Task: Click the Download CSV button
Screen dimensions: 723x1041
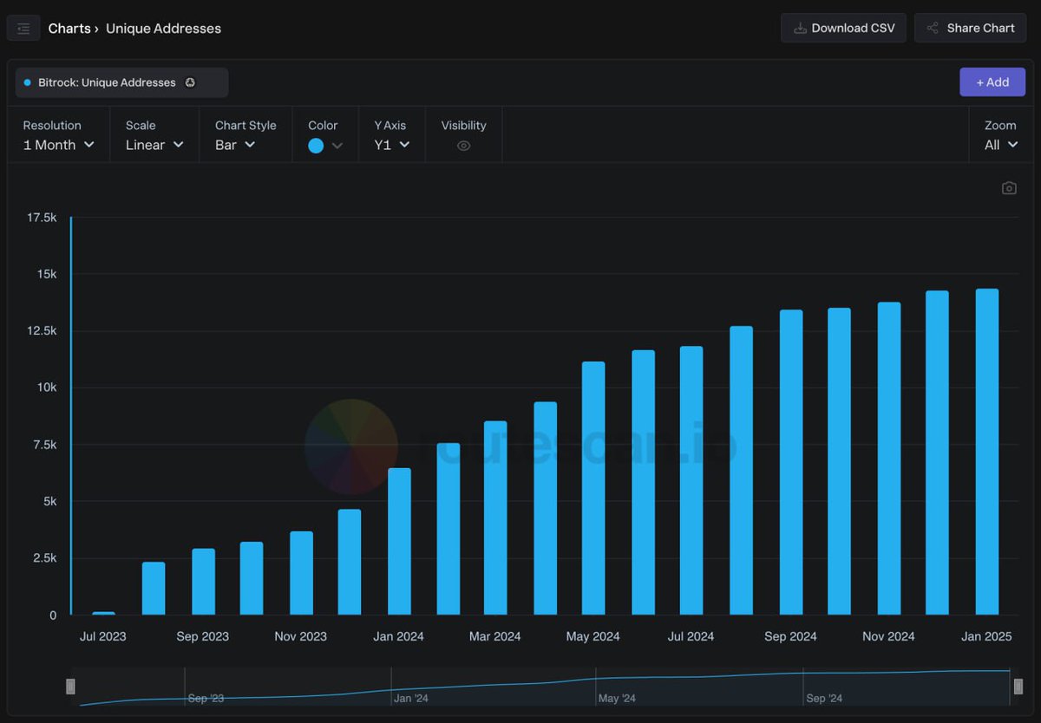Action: tap(843, 28)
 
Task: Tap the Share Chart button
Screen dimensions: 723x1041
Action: tap(970, 28)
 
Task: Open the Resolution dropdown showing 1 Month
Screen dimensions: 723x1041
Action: tap(58, 145)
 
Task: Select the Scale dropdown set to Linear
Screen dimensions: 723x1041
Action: tap(154, 145)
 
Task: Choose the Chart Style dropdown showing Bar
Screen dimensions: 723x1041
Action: tap(235, 145)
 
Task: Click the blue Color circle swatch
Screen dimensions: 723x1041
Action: tap(316, 146)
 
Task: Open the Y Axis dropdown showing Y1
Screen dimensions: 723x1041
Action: tap(391, 145)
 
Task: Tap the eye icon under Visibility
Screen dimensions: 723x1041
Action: tap(463, 146)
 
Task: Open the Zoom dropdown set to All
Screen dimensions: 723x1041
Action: tap(1000, 145)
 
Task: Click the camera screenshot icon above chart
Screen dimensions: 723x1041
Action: tap(1009, 188)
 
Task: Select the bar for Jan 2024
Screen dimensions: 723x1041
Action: tap(399, 542)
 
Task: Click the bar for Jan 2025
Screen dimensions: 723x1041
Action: tap(987, 452)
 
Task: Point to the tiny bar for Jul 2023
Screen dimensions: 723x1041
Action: tap(103, 613)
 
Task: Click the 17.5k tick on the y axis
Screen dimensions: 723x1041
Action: tap(42, 218)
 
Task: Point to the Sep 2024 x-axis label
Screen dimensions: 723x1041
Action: tap(790, 636)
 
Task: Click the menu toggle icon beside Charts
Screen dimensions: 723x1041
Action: tap(23, 29)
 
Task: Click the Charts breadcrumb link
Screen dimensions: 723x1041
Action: tap(69, 29)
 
